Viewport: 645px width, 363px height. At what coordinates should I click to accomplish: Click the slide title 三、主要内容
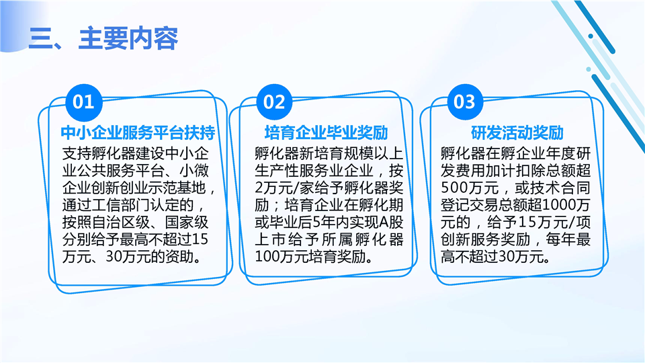pyautogui.click(x=103, y=39)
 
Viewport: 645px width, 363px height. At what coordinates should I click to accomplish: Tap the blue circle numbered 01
pyautogui.click(x=83, y=102)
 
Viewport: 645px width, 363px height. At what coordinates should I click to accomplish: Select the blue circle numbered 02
pyautogui.click(x=274, y=102)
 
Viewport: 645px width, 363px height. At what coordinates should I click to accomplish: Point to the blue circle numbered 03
pyautogui.click(x=465, y=102)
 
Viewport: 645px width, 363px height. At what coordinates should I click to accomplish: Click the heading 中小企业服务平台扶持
pyautogui.click(x=138, y=133)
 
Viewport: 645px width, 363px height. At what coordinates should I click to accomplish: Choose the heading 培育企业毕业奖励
pyautogui.click(x=327, y=133)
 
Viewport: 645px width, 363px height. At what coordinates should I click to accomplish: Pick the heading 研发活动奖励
pyautogui.click(x=517, y=133)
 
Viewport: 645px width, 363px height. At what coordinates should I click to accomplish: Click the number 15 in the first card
pyautogui.click(x=200, y=239)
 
